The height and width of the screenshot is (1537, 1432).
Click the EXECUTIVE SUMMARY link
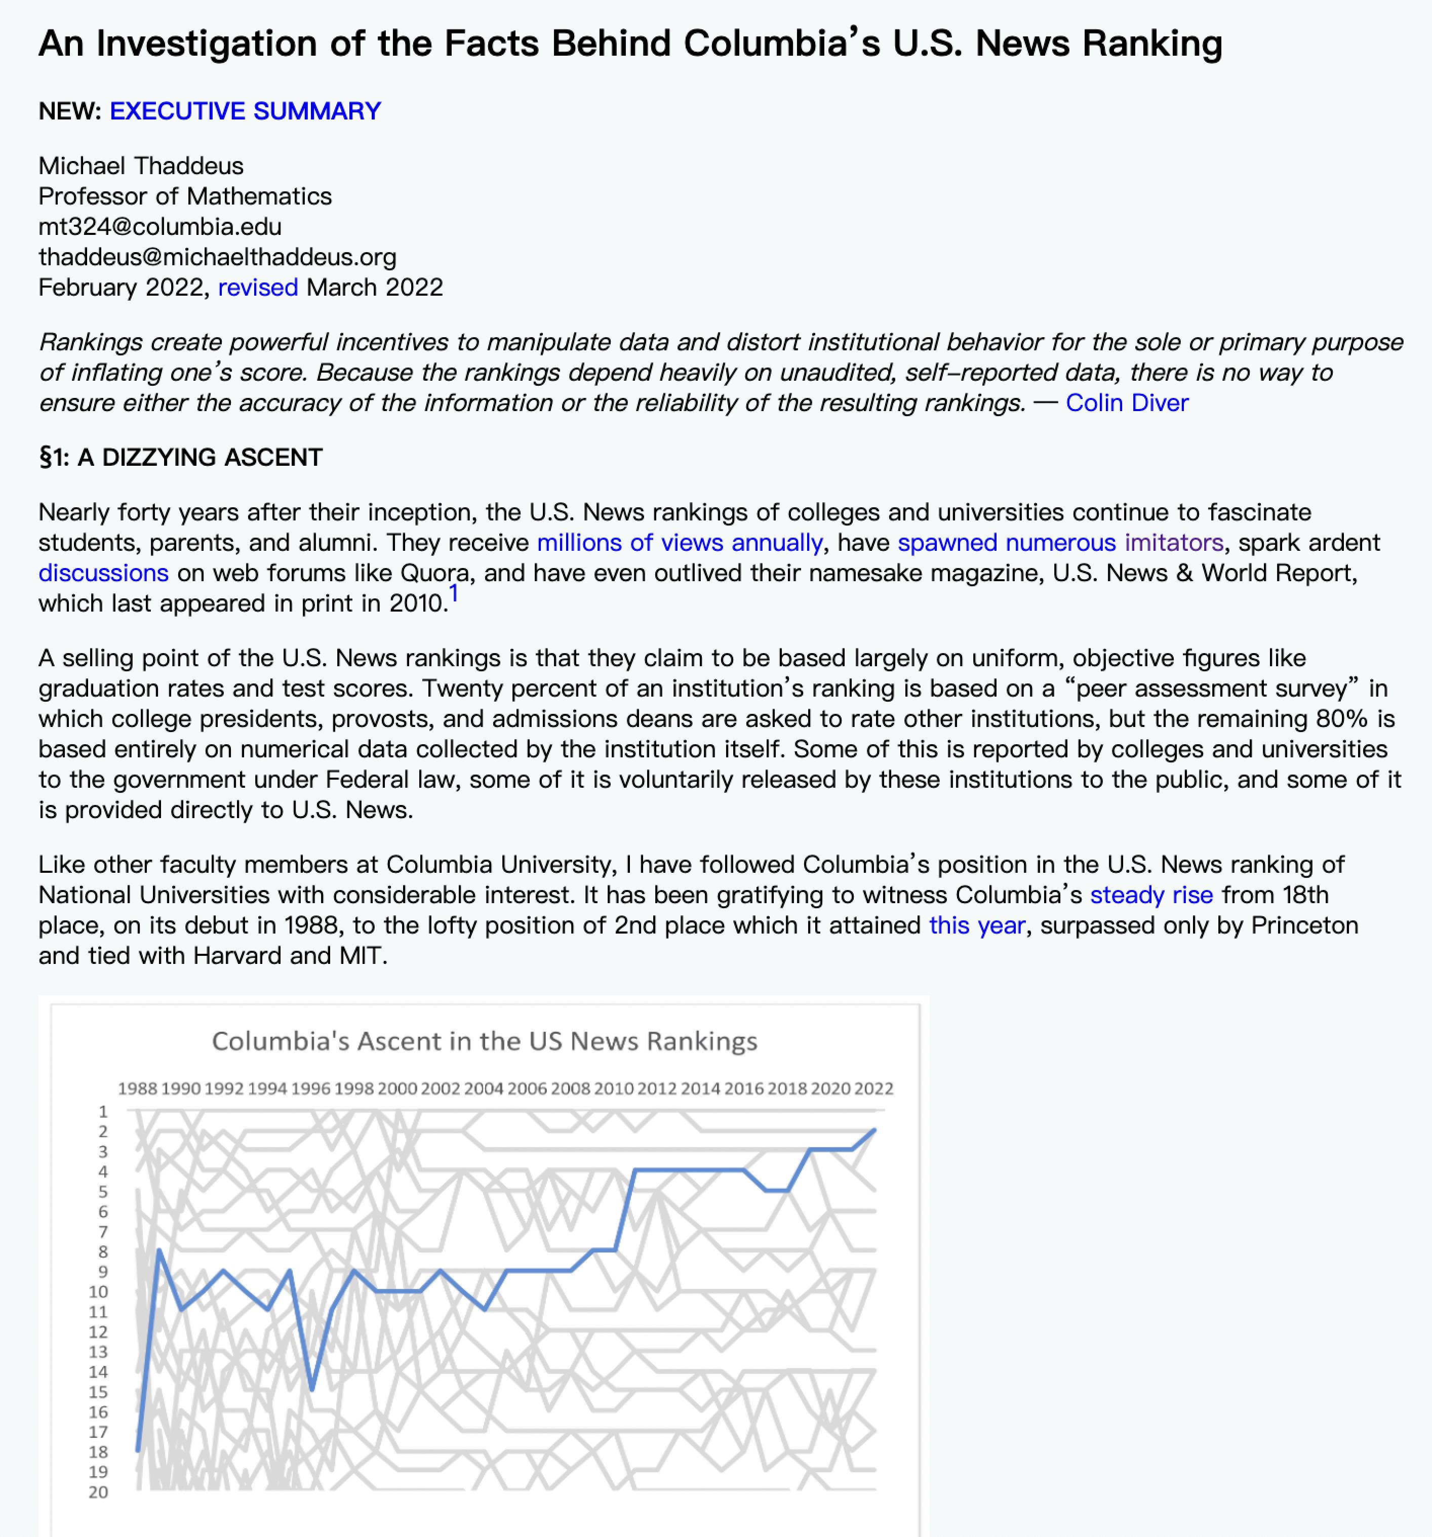click(245, 111)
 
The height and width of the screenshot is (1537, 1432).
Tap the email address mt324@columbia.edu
click(160, 226)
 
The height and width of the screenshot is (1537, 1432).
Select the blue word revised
click(257, 288)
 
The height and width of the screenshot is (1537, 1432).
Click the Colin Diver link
click(1127, 403)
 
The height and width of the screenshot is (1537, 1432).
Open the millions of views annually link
click(680, 543)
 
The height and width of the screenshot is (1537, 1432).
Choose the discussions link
click(104, 573)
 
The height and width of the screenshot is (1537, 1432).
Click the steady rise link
click(1151, 895)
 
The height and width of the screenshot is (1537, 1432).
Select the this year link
click(977, 925)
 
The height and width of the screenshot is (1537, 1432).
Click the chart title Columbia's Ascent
click(485, 1041)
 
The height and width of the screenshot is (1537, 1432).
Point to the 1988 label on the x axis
click(138, 1088)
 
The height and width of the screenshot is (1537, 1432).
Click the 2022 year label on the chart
click(874, 1088)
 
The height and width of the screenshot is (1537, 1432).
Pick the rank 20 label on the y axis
click(98, 1492)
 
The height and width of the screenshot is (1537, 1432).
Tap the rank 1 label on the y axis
click(103, 1112)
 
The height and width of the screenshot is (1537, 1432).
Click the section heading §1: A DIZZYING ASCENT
click(180, 458)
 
